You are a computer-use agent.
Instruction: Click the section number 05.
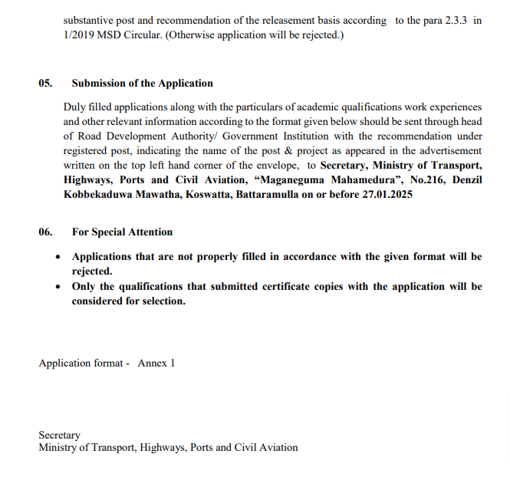45,84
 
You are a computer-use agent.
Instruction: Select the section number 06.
45,232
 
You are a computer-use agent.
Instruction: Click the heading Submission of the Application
143,84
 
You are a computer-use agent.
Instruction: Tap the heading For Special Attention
122,232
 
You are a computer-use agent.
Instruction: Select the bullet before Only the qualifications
58,288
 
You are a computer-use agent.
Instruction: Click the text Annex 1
156,363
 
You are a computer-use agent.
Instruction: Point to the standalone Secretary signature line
59,435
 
